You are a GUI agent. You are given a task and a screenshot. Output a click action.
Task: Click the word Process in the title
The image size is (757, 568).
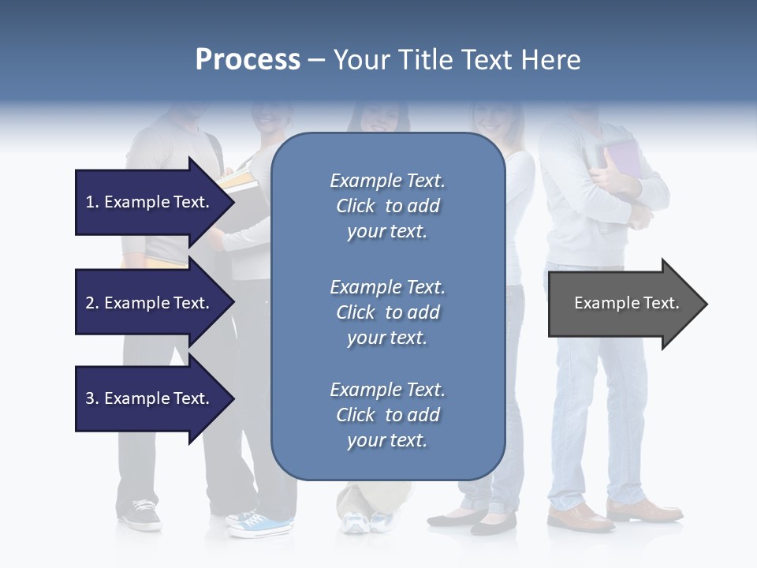[x=248, y=60]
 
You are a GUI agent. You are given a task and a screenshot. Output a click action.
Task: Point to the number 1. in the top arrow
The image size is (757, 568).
[x=92, y=202]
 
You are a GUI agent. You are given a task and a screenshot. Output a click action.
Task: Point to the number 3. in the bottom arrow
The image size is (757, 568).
[x=92, y=398]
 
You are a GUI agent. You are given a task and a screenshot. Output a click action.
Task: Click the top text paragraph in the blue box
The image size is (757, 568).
[x=387, y=206]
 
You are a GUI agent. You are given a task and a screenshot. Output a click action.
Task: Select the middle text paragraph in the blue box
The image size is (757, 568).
[x=387, y=312]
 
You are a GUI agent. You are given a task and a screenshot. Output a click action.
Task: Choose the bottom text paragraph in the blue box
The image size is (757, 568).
[x=387, y=415]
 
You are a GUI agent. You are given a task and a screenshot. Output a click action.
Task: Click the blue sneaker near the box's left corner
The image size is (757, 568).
[x=265, y=524]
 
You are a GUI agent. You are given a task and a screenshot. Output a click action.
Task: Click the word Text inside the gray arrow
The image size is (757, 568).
[x=662, y=303]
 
